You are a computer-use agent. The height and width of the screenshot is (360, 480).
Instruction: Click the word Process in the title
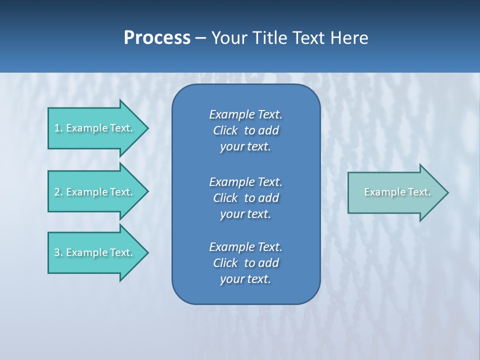pyautogui.click(x=157, y=38)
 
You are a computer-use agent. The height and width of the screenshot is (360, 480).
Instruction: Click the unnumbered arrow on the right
pyautogui.click(x=395, y=192)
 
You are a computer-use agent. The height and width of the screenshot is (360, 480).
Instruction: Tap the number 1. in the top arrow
pyautogui.click(x=58, y=128)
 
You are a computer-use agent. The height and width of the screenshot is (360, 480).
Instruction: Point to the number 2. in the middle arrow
pyautogui.click(x=58, y=192)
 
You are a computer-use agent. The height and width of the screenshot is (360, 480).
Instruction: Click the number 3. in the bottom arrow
pyautogui.click(x=58, y=252)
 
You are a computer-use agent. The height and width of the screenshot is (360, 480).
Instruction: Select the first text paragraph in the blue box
pyautogui.click(x=245, y=130)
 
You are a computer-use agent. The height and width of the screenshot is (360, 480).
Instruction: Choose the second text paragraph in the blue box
pyautogui.click(x=245, y=197)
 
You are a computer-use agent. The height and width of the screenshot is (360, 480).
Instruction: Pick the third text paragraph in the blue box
pyautogui.click(x=245, y=263)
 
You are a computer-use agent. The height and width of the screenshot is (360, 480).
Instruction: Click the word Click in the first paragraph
pyautogui.click(x=225, y=130)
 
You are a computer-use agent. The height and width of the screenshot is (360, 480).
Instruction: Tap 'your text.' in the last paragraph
pyautogui.click(x=245, y=279)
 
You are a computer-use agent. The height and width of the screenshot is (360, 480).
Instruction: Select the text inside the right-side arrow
pyautogui.click(x=397, y=192)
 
